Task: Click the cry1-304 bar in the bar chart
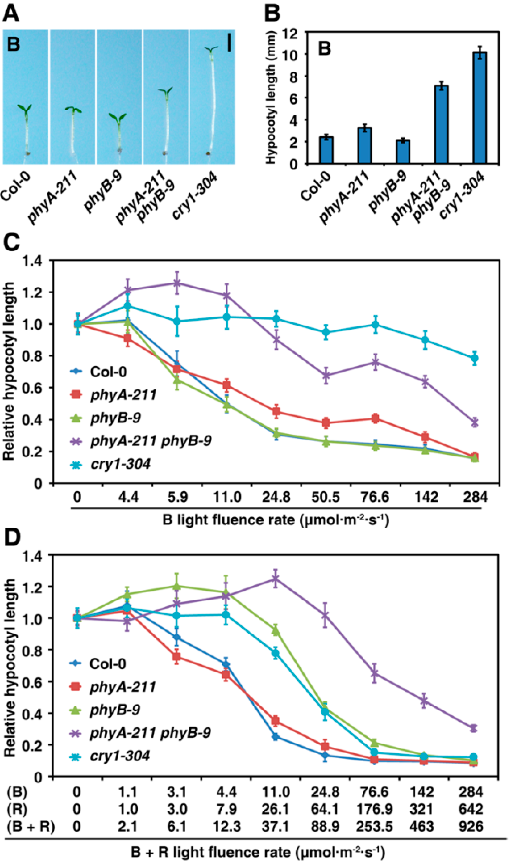pos(479,108)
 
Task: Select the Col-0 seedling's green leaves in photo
pos(25,109)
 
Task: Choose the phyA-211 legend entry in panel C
pos(123,395)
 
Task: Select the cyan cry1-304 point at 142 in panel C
pos(425,340)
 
